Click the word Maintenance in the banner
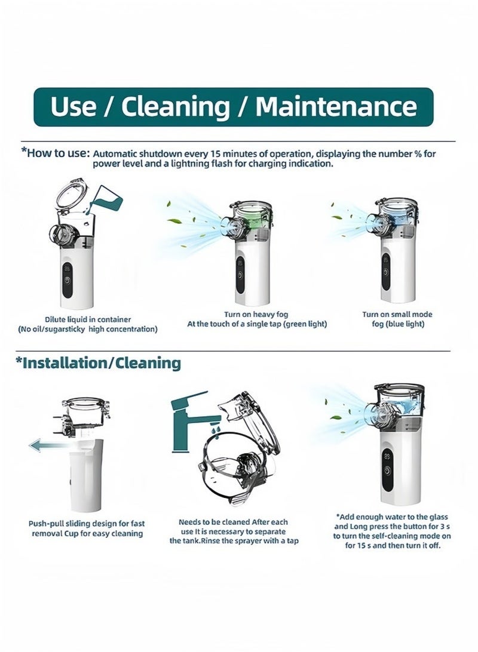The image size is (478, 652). (336, 106)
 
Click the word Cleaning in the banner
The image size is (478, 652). (176, 107)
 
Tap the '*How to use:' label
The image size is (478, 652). (56, 153)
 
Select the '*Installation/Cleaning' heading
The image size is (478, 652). (98, 362)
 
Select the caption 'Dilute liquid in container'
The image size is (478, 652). (88, 319)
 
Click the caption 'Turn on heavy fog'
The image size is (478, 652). (256, 314)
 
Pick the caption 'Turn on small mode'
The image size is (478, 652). (397, 314)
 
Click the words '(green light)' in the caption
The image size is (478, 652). (305, 324)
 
